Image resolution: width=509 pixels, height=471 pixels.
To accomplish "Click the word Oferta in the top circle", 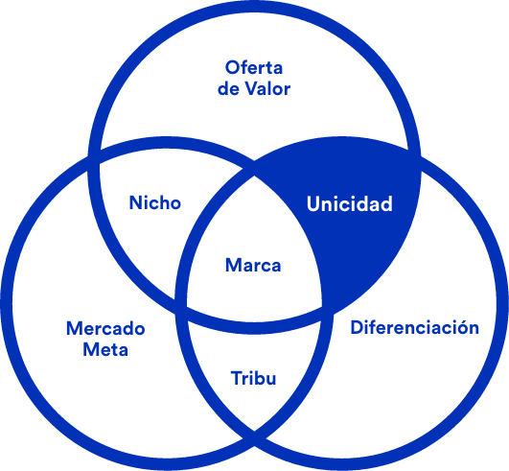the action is click(254, 67).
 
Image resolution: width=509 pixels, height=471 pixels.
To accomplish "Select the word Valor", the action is click(267, 88).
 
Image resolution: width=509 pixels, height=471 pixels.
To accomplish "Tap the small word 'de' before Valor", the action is click(228, 88).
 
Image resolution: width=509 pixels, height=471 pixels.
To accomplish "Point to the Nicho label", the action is click(155, 202).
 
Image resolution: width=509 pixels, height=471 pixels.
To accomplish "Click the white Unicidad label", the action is click(350, 203).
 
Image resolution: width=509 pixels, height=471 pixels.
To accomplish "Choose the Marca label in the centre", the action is click(253, 265).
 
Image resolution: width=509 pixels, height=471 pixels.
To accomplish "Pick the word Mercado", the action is click(105, 328).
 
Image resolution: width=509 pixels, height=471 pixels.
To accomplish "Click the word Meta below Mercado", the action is click(105, 349).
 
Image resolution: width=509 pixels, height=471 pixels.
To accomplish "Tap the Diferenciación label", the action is click(415, 327).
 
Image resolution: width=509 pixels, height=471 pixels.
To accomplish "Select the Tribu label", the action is click(253, 378).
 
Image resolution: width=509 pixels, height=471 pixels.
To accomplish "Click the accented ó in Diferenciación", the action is click(459, 327).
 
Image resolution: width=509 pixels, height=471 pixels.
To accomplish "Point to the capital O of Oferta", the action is click(232, 67).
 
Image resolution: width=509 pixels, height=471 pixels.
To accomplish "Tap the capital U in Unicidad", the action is click(312, 203).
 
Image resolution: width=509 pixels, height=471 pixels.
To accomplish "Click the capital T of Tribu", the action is click(237, 378).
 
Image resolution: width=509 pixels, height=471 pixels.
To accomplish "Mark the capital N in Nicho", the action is click(136, 202).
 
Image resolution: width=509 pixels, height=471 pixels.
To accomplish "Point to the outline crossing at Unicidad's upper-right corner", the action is click(415, 153).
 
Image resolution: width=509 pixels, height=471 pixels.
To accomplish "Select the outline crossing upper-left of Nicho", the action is click(94, 153).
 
